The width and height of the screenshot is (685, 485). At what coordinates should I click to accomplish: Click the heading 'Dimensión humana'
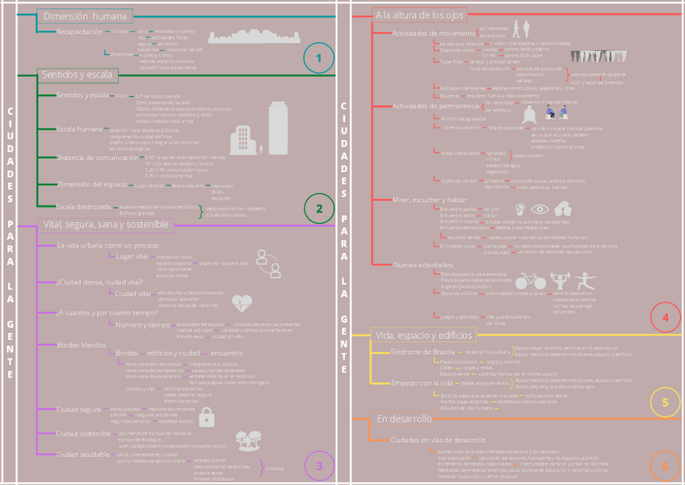(85, 16)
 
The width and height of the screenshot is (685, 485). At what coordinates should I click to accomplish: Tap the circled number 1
(319, 58)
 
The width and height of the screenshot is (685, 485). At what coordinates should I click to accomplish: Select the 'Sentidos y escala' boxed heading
(78, 75)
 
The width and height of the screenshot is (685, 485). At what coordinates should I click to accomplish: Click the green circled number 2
(319, 209)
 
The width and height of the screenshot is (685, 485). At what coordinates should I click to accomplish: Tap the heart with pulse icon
(242, 303)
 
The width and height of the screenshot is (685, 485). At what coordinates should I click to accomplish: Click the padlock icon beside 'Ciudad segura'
(207, 416)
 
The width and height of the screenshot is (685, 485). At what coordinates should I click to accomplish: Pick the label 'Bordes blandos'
(81, 345)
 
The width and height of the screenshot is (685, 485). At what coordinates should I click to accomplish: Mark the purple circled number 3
(319, 465)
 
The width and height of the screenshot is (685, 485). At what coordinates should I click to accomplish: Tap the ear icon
(520, 209)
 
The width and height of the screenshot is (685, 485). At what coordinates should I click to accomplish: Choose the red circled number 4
(665, 318)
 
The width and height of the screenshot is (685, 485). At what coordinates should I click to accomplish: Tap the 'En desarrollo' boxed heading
(404, 419)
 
